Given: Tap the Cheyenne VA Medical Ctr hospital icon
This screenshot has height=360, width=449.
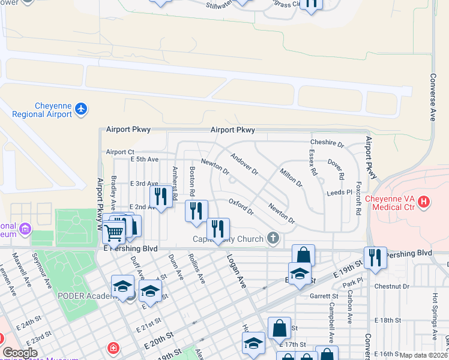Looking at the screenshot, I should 424,202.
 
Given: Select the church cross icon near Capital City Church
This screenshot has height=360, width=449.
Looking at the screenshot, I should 273,239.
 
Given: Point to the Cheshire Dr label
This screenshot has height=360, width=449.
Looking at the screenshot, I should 327,144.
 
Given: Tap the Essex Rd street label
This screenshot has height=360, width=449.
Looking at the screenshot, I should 313,163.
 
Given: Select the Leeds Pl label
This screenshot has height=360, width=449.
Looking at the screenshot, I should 339,193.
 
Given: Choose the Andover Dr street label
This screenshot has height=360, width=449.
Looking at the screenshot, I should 244,163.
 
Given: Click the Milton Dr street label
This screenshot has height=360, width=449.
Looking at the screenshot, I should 291,178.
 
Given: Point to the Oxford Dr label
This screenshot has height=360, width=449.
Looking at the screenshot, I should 242,208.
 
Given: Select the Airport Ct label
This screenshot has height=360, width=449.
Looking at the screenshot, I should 120,152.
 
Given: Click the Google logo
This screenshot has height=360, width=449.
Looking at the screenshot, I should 20,353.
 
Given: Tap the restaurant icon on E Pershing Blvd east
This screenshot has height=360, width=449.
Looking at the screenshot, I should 375,258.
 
